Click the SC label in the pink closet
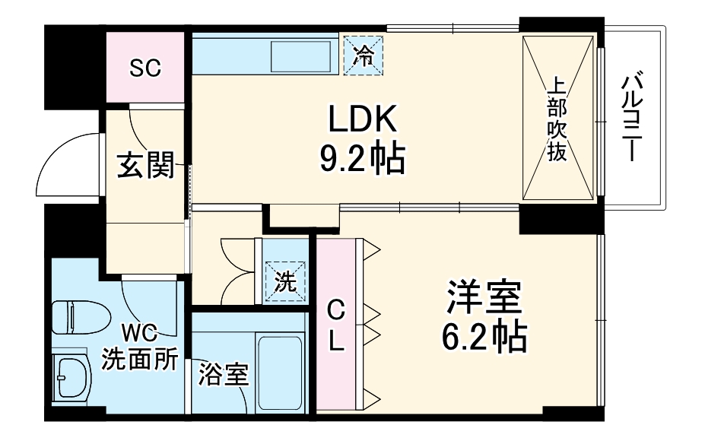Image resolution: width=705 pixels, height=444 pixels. pyautogui.click(x=144, y=68)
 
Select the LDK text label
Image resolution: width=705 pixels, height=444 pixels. pyautogui.click(x=363, y=120)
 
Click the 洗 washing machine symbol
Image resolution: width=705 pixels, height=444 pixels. pyautogui.click(x=284, y=282)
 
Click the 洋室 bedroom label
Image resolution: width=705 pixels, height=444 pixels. pyautogui.click(x=484, y=299)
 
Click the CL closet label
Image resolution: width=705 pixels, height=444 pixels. pyautogui.click(x=335, y=325)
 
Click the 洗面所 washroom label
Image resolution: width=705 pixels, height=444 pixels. pyautogui.click(x=141, y=358)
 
